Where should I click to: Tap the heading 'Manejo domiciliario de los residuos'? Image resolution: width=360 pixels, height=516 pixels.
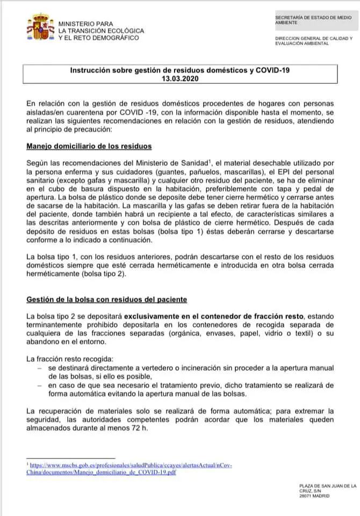pos(89,146)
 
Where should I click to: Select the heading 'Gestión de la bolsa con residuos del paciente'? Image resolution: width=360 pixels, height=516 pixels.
pos(107,299)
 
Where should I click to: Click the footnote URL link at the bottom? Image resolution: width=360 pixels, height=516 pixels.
pos(129,468)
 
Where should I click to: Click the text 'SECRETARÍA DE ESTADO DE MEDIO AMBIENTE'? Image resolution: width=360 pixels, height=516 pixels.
pos(313,20)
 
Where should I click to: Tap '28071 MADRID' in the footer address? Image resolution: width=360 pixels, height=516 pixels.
pos(314,496)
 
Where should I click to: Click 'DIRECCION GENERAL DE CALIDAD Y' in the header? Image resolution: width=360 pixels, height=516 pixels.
pos(313,39)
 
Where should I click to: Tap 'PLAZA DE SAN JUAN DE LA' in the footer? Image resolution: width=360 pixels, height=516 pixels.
pos(327,486)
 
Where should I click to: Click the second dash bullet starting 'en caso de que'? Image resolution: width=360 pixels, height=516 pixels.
pos(39,385)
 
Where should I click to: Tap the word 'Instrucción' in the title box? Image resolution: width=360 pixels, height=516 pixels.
pos(91,70)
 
